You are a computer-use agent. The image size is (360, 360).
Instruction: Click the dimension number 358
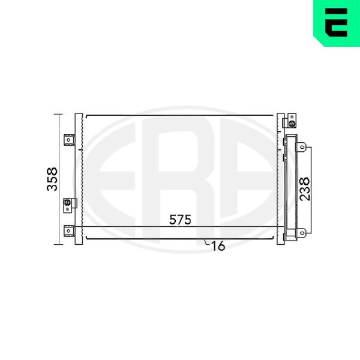point(52,179)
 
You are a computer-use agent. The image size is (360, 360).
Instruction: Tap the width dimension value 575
point(180,220)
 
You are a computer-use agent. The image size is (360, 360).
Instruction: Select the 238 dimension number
point(305,189)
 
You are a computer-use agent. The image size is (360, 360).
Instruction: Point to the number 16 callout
point(218,246)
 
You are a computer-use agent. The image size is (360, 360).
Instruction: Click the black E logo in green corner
point(336,23)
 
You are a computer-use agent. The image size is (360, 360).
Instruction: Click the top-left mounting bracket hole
point(68,140)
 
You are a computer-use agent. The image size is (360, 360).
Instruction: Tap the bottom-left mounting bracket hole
point(68,231)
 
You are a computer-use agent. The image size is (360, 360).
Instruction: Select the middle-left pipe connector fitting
point(67,203)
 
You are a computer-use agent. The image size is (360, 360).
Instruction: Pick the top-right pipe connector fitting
point(292,124)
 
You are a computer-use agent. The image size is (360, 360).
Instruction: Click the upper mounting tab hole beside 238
point(302,147)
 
